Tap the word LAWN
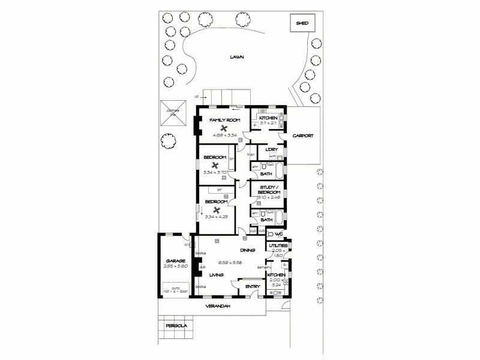pos(238,57)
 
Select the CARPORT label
pos(303,136)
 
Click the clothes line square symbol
pos(170,112)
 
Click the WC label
pos(279,234)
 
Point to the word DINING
pos(248,250)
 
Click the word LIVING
pos(216,275)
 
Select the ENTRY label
pos(253,287)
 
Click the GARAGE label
pos(175,261)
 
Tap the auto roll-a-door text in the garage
pos(175,289)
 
